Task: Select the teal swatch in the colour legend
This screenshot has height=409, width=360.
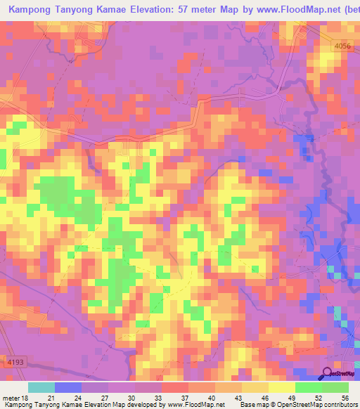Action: click(41, 387)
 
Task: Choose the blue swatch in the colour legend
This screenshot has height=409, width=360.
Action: click(68, 387)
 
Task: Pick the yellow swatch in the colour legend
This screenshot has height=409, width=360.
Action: click(282, 387)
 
